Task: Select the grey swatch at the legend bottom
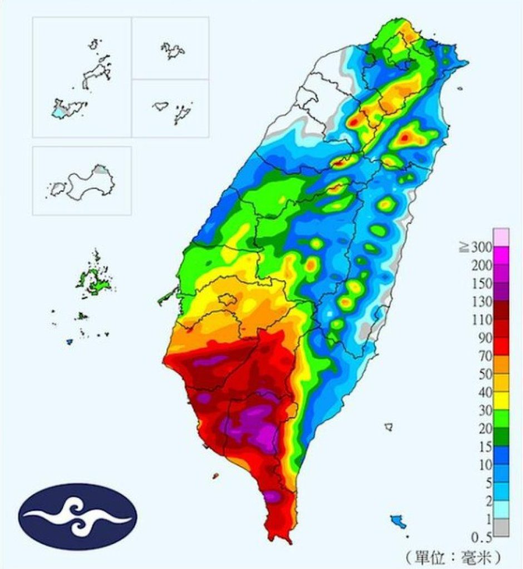pos(501,528)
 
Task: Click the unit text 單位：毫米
pos(453,555)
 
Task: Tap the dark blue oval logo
pos(77,517)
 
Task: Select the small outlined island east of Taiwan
pos(389,427)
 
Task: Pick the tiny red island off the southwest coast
pos(215,476)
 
